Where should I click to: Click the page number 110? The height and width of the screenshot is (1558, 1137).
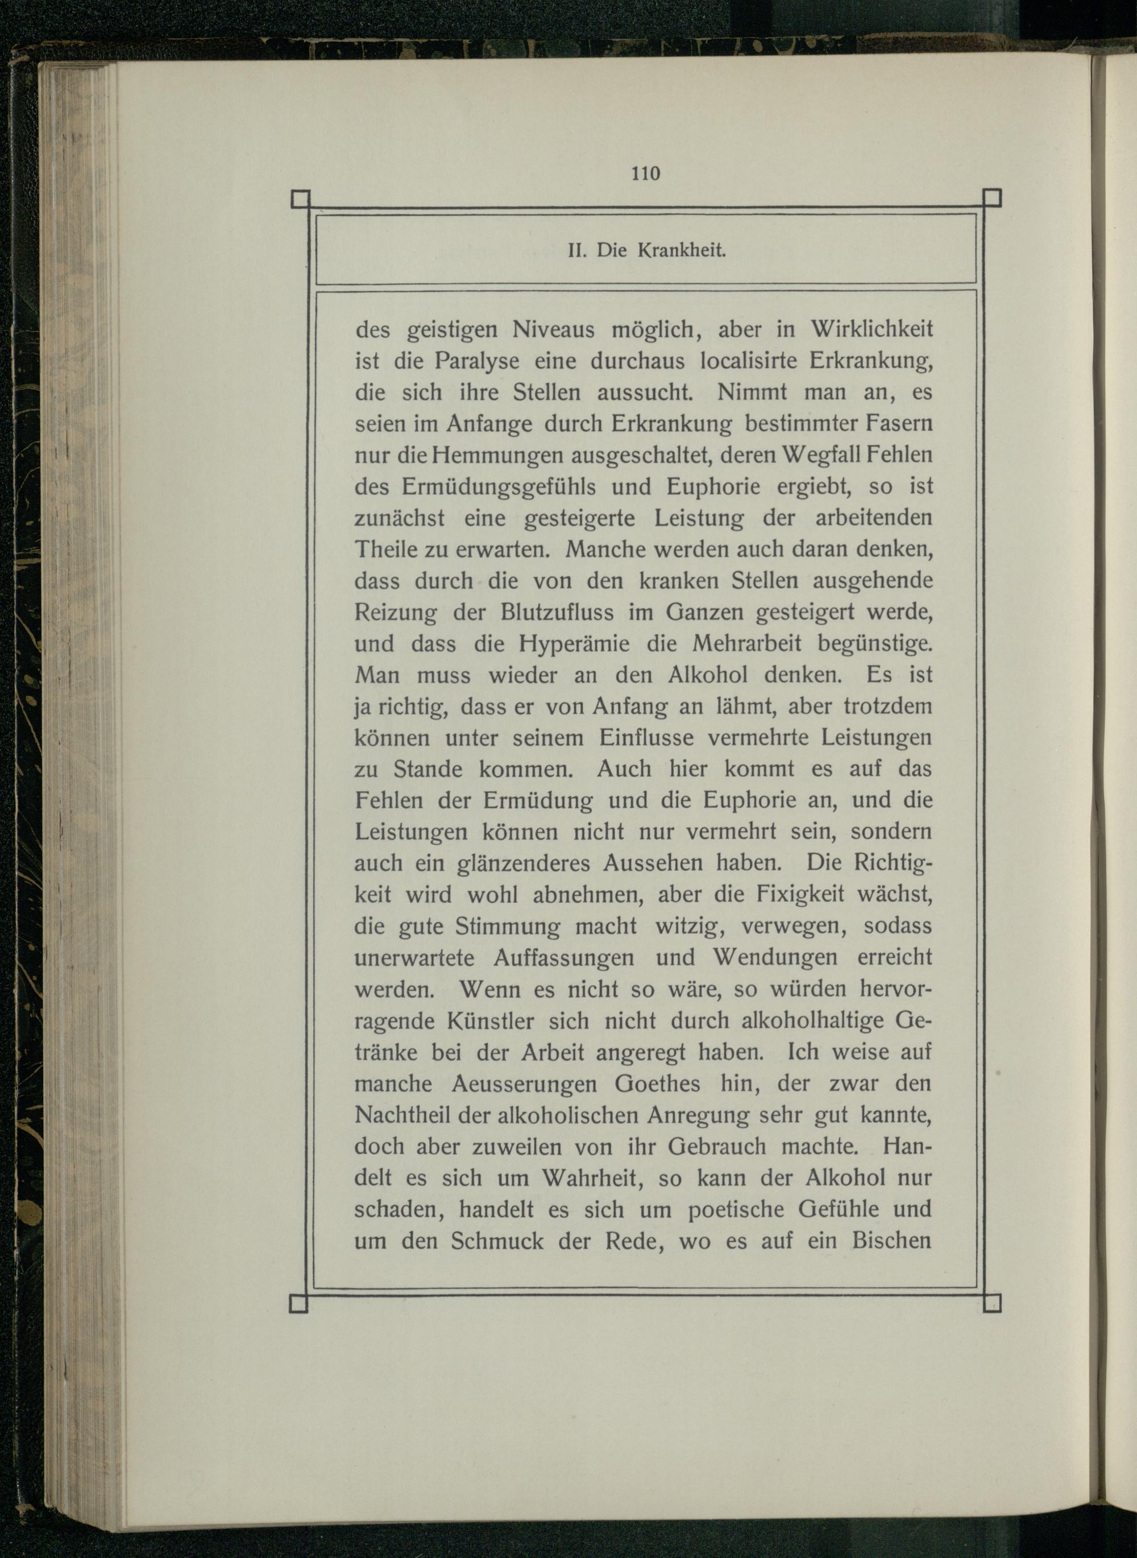point(646,173)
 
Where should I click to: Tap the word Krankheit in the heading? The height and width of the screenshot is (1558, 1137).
point(682,251)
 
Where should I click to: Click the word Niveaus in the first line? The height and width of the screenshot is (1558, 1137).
point(553,330)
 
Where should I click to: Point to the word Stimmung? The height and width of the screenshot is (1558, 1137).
point(508,927)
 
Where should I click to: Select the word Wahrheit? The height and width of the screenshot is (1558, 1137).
point(592,1178)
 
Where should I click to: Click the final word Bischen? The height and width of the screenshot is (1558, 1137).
point(892,1241)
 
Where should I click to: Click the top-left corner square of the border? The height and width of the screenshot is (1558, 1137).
point(301,199)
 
